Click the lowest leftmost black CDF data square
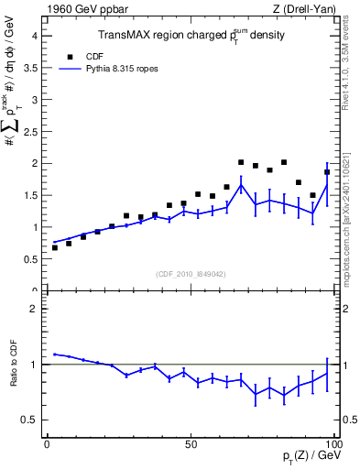pos(54,247)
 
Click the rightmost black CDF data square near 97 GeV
pos(327,172)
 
